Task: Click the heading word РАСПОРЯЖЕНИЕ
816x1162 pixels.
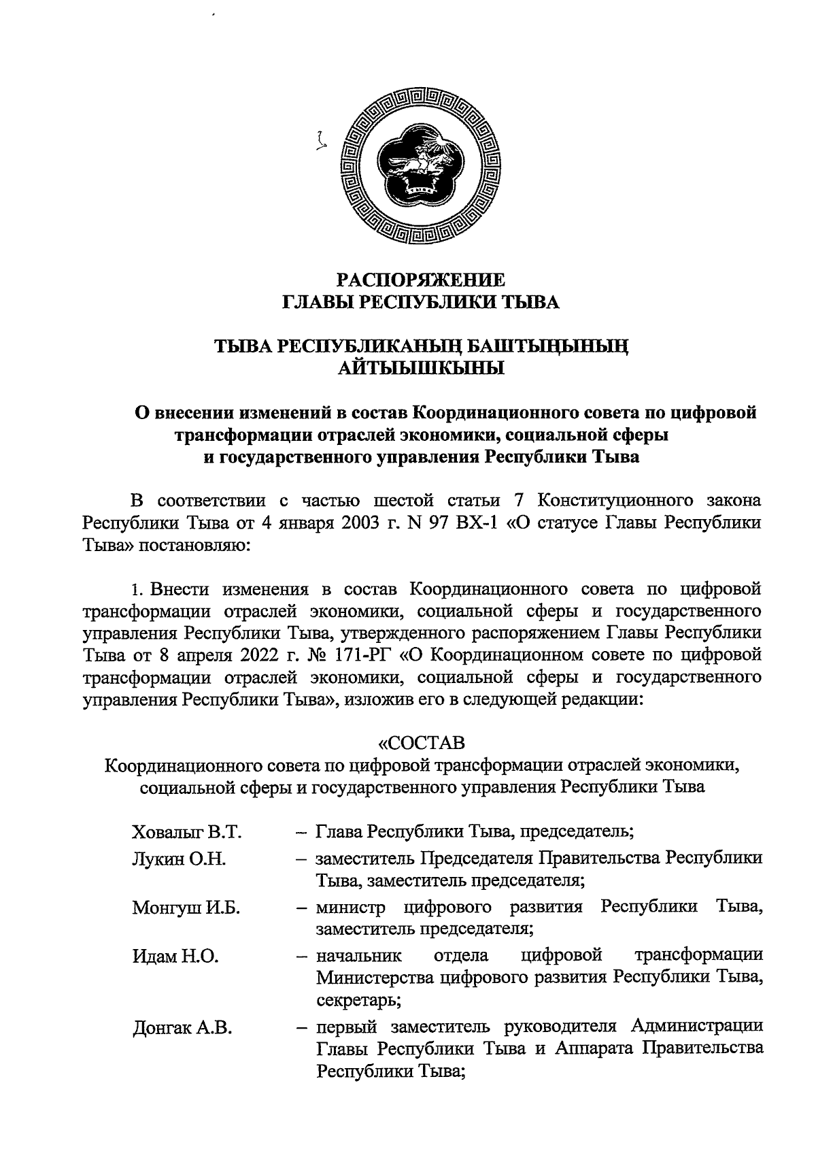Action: coord(421,280)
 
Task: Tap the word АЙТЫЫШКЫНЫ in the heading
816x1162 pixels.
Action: coord(421,369)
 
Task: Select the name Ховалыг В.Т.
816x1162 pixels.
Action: coord(187,832)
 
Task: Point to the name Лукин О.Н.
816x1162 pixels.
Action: coord(179,859)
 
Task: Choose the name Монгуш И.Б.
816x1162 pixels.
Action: coord(186,908)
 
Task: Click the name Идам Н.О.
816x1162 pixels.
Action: coord(175,957)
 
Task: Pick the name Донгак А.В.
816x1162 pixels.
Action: coord(182,1029)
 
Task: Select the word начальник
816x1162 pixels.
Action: coord(359,956)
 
